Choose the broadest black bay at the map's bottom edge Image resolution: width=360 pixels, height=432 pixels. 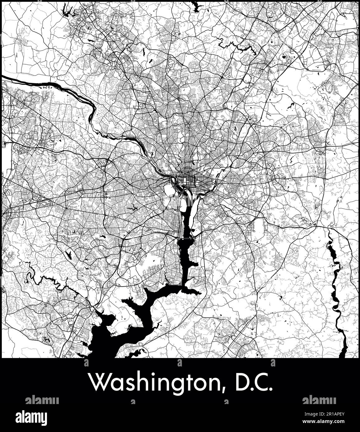click(x=103, y=342)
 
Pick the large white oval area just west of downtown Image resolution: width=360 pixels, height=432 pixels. click(x=169, y=190)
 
